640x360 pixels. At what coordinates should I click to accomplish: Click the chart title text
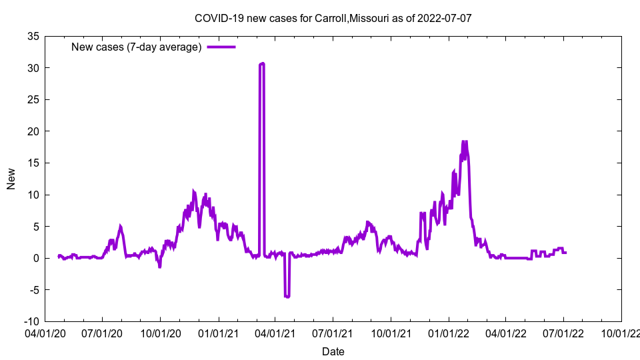(333, 18)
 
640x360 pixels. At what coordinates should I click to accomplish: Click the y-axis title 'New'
(11, 179)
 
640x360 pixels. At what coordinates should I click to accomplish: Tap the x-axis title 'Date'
(333, 351)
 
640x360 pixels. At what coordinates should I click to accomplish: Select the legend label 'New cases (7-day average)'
(136, 47)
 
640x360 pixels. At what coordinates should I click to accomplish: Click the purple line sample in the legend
(221, 47)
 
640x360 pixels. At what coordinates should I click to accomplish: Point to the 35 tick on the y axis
(32, 36)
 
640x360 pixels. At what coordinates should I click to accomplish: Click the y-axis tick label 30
(32, 68)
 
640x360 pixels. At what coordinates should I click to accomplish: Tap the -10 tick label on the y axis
(31, 321)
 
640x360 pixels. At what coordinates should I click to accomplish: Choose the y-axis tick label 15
(32, 163)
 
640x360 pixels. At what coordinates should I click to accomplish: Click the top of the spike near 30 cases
(262, 64)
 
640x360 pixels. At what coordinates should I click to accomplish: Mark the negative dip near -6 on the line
(287, 296)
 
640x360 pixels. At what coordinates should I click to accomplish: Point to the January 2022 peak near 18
(464, 142)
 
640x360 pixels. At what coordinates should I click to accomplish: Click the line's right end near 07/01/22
(565, 252)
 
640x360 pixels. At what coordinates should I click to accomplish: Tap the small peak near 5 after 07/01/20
(120, 226)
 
